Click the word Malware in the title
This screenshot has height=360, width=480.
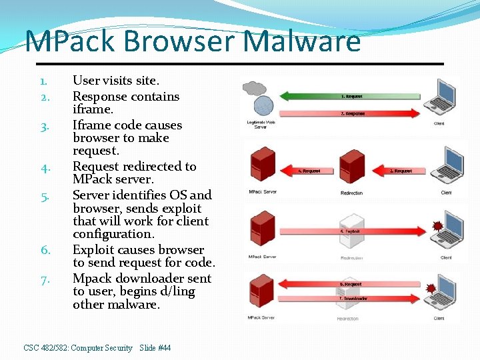pyautogui.click(x=303, y=41)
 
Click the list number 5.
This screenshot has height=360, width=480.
pyautogui.click(x=43, y=196)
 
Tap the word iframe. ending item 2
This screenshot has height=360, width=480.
pyautogui.click(x=93, y=109)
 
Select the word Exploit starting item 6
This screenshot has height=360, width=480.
pyautogui.click(x=94, y=250)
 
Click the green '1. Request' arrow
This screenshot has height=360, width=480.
pyautogui.click(x=353, y=96)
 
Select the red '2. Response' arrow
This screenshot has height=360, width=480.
pyautogui.click(x=353, y=114)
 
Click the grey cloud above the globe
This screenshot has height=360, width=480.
pyautogui.click(x=254, y=88)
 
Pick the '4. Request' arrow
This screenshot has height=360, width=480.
pyautogui.click(x=309, y=171)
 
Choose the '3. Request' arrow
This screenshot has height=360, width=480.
pyautogui.click(x=400, y=171)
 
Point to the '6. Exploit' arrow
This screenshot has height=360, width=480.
pyautogui.click(x=353, y=231)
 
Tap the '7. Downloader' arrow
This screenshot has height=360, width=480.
pyautogui.click(x=353, y=298)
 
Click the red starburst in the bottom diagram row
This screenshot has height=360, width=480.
pyautogui.click(x=430, y=289)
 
